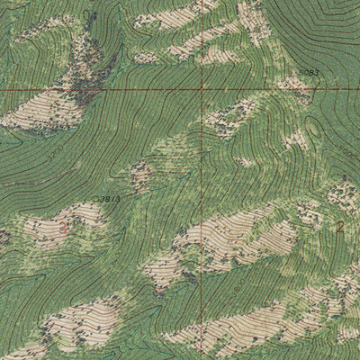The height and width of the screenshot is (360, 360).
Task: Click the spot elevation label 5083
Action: click(x=309, y=72)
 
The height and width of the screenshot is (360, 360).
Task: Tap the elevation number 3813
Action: click(x=109, y=197)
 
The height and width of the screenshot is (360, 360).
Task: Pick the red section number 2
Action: click(x=340, y=227)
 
